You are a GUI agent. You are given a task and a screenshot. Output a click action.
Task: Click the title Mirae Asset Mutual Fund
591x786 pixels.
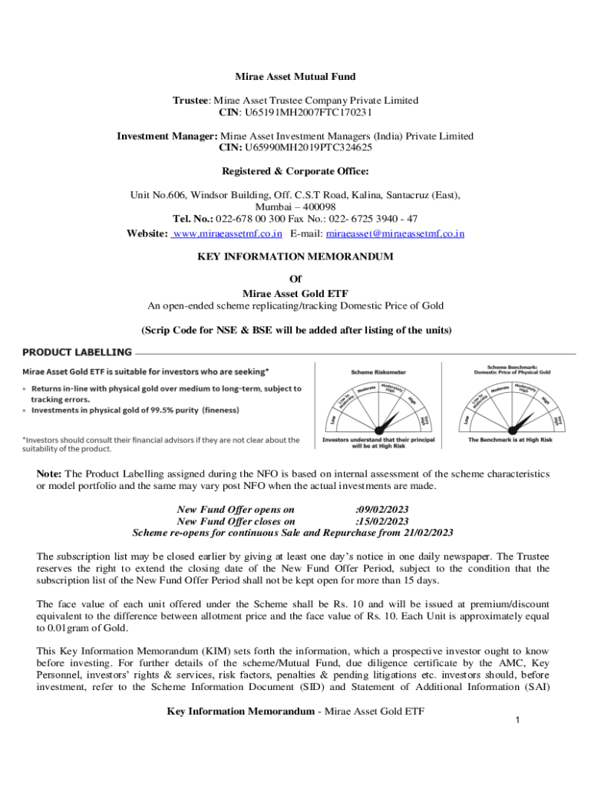[295, 77]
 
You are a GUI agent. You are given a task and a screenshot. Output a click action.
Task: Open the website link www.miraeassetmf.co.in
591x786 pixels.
[228, 233]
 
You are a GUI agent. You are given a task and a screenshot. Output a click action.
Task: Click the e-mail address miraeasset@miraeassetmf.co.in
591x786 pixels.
[395, 233]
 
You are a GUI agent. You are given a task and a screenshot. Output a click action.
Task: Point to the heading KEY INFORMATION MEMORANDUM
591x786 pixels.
[295, 256]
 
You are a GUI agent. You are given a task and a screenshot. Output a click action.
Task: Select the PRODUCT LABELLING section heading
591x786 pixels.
[77, 352]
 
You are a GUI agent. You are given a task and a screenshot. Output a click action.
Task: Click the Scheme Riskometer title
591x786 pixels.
[378, 372]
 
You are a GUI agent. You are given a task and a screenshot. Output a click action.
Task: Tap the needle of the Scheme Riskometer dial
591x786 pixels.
[387, 421]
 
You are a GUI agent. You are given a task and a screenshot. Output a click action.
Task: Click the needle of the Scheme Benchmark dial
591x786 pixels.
[521, 421]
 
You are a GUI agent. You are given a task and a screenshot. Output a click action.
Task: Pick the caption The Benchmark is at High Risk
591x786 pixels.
[513, 441]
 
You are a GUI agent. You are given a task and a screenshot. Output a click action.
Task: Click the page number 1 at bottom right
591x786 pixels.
[518, 720]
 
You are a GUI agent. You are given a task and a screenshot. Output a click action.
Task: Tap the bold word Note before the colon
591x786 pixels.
[49, 474]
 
